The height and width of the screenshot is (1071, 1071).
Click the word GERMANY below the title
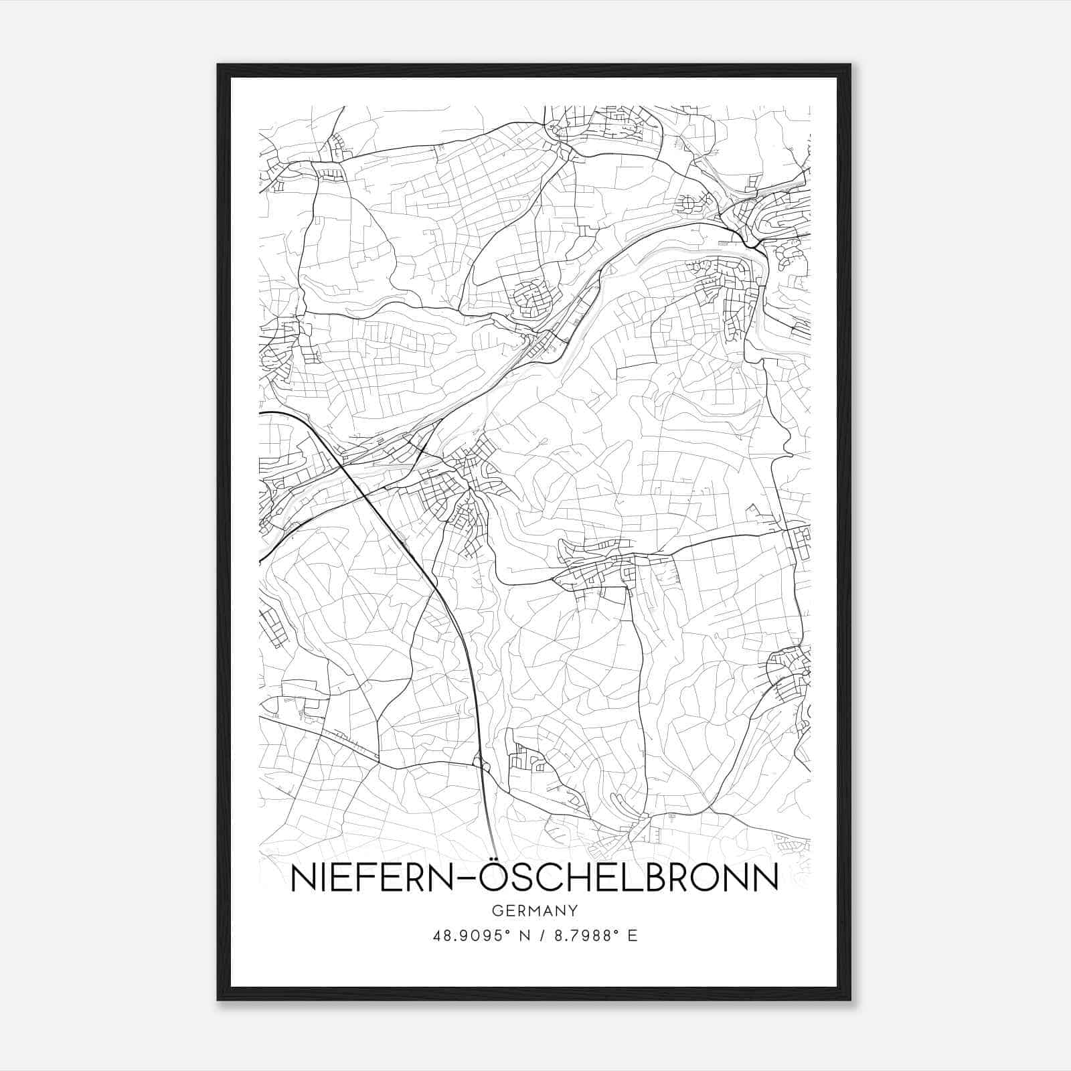point(534,911)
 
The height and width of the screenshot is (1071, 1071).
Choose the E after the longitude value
point(633,936)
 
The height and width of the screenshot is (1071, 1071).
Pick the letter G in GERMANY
point(496,911)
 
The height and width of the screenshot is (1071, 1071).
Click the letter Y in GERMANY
point(574,911)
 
